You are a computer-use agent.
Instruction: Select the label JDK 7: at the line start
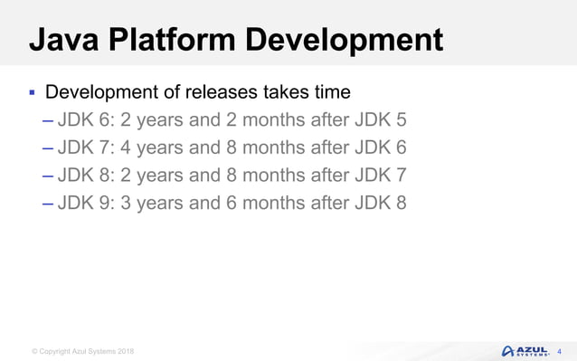[87, 147]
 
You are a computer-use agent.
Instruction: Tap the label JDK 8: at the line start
[87, 175]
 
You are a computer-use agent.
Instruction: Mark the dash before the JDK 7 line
[47, 147]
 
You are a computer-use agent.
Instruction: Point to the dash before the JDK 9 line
[47, 203]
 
